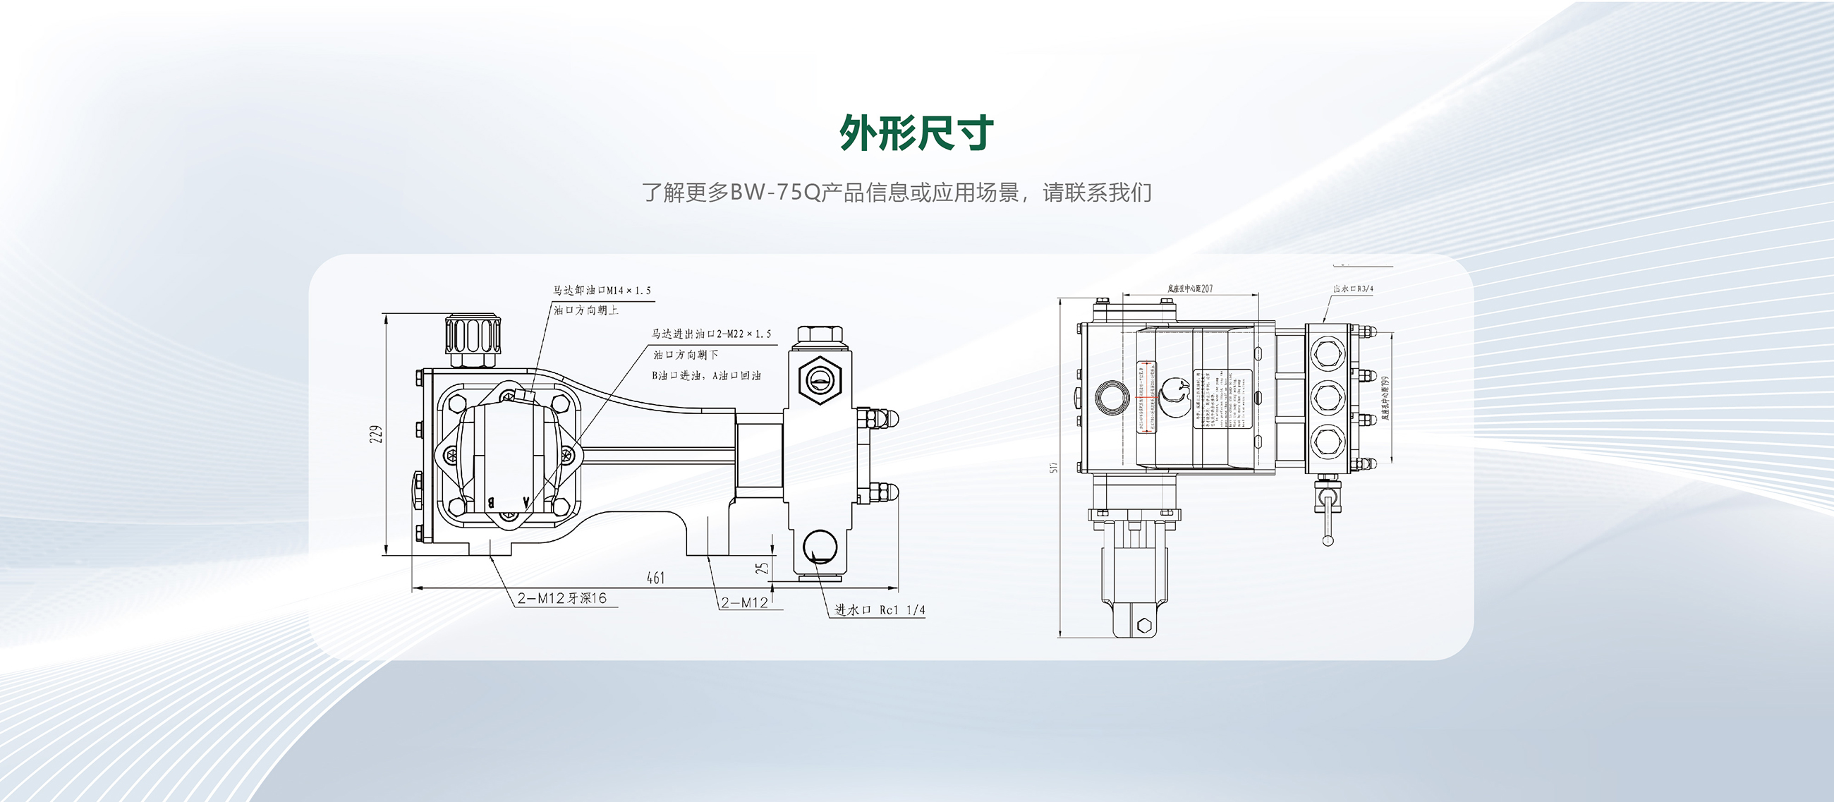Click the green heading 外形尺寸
tap(916, 133)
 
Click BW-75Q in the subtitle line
tap(775, 193)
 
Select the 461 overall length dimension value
tap(655, 578)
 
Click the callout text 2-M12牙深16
tap(561, 598)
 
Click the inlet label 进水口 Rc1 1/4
tap(880, 610)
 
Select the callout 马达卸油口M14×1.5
tap(602, 291)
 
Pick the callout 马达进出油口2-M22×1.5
tap(711, 334)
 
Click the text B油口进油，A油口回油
tap(706, 375)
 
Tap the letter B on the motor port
tap(490, 502)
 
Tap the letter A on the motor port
tap(526, 502)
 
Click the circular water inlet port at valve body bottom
tap(820, 547)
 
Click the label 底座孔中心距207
tap(1190, 289)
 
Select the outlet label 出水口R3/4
tap(1353, 289)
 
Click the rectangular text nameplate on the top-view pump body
tap(1222, 399)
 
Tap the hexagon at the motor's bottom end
tap(1144, 626)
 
